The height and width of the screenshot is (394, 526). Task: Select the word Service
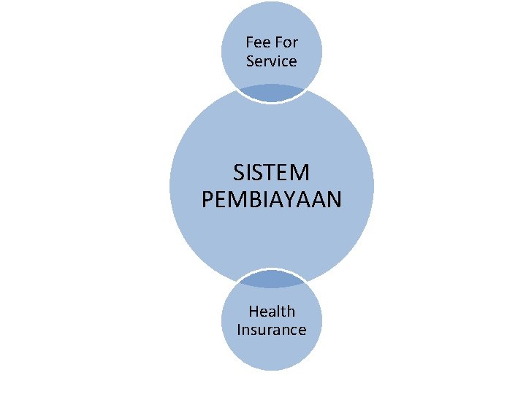(x=272, y=61)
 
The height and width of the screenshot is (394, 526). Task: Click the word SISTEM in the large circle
(x=272, y=174)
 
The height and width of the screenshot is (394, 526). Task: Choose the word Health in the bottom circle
(x=272, y=312)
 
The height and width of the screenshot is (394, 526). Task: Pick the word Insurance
(x=272, y=330)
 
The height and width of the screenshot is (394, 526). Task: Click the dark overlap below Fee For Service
(x=272, y=93)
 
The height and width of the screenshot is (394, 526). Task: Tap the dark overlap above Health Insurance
(x=272, y=279)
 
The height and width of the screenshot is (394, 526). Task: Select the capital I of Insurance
(x=239, y=330)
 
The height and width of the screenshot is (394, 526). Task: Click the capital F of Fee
(x=250, y=42)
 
